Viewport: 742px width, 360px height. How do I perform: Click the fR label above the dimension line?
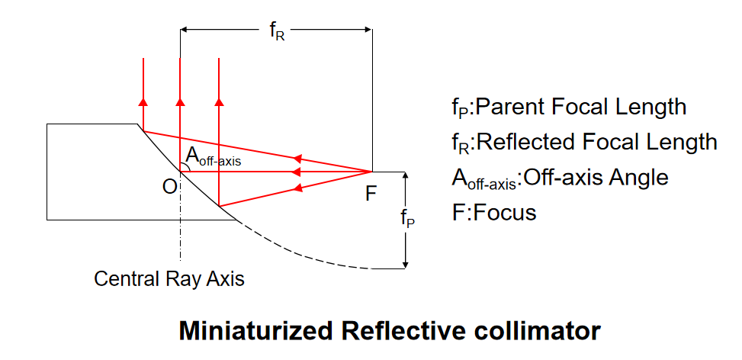pos(278,32)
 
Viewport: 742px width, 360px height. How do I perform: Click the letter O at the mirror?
pos(169,188)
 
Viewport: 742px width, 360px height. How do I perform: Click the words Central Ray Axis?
pos(169,278)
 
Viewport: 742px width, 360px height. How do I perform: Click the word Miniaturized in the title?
pos(255,331)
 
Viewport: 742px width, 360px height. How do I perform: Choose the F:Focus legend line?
pos(494,213)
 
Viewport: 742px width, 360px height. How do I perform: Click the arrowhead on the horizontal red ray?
pos(298,171)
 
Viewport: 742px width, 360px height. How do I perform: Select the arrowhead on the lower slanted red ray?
pos(298,188)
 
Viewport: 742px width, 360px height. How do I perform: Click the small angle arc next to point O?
pos(188,166)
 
